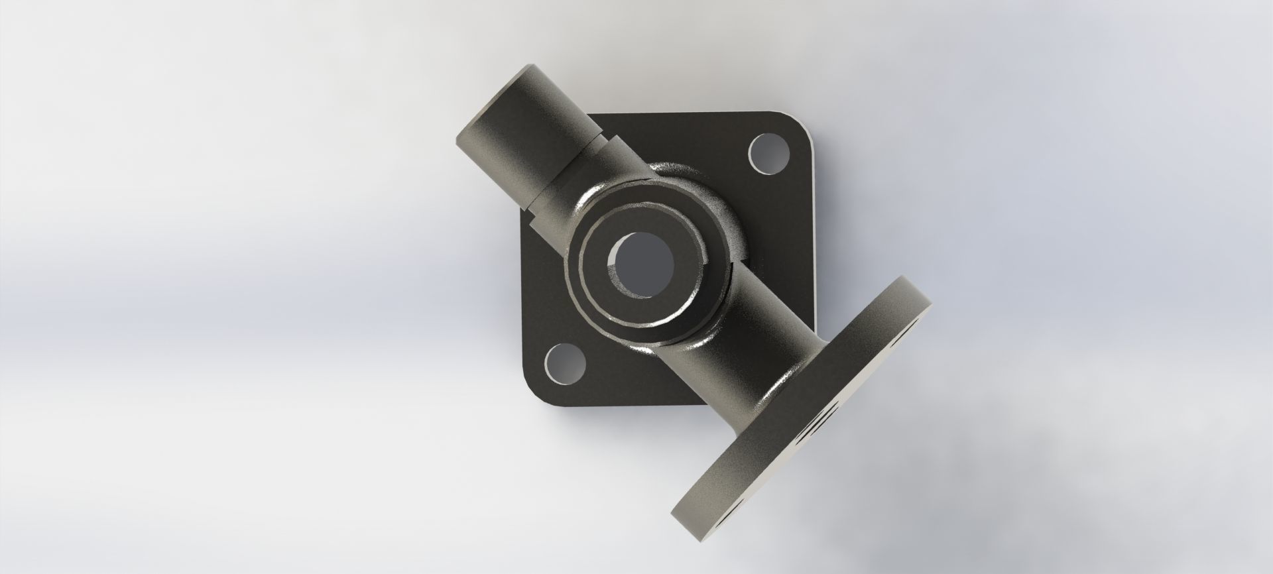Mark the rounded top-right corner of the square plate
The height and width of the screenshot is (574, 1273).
click(x=799, y=123)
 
